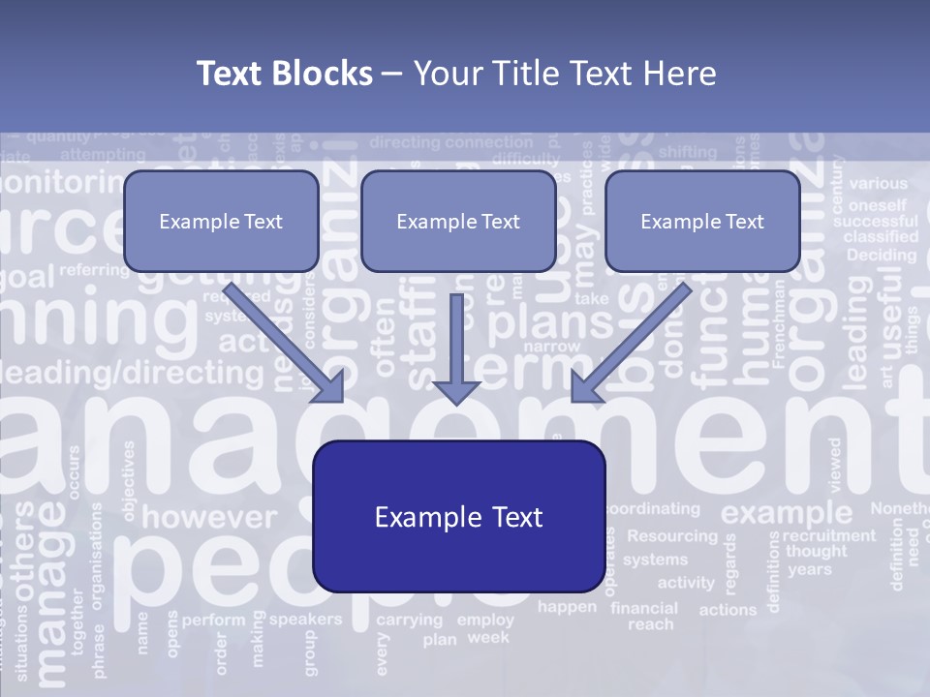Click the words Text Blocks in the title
(284, 74)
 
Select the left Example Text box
(221, 221)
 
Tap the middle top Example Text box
(458, 221)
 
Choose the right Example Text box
(702, 221)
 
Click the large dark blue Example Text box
(458, 517)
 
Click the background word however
(208, 517)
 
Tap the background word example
(786, 512)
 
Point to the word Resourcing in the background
(672, 535)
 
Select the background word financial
(644, 608)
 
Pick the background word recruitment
(828, 535)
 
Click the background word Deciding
(881, 256)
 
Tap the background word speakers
(305, 620)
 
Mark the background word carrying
(409, 621)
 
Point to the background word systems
(655, 560)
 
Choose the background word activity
(686, 583)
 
